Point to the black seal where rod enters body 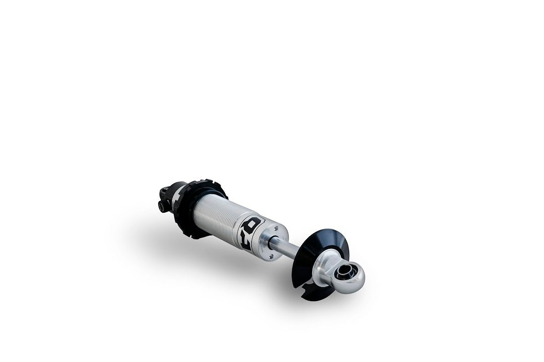pyautogui.click(x=272, y=242)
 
